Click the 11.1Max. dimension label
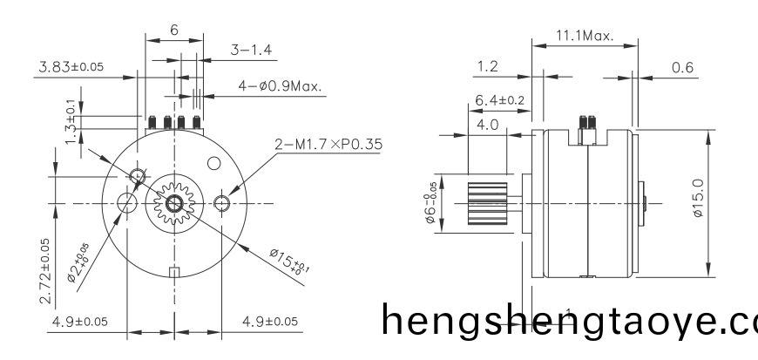[584, 37]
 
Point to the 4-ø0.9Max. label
[280, 86]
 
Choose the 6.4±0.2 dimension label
[499, 101]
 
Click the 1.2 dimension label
[490, 66]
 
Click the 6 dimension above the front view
[174, 30]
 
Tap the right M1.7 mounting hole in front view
[222, 204]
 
